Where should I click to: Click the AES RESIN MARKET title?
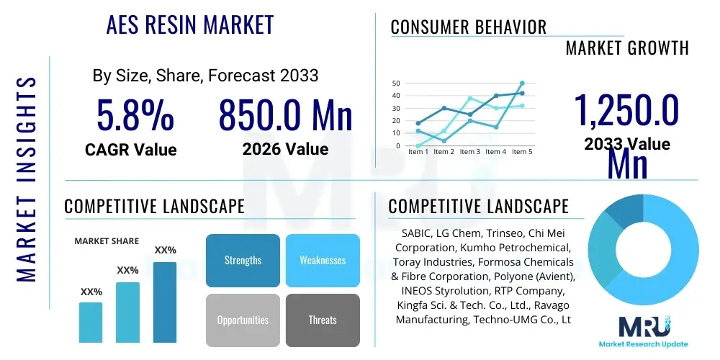[190, 25]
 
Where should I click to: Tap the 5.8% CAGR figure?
[135, 115]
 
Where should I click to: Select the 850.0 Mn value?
[285, 115]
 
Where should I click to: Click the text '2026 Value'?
[285, 149]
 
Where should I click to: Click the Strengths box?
[243, 260]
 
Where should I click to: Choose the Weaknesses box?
[323, 260]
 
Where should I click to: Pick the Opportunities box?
[243, 320]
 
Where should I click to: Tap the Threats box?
[323, 320]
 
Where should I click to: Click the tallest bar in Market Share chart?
[165, 302]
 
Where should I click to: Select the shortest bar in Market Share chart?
[91, 322]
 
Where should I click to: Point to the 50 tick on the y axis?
[396, 83]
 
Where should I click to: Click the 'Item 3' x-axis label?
[469, 152]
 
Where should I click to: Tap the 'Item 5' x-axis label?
[521, 152]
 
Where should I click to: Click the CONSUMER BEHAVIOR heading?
[468, 27]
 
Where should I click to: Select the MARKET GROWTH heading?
[627, 48]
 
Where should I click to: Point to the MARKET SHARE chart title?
[107, 241]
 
